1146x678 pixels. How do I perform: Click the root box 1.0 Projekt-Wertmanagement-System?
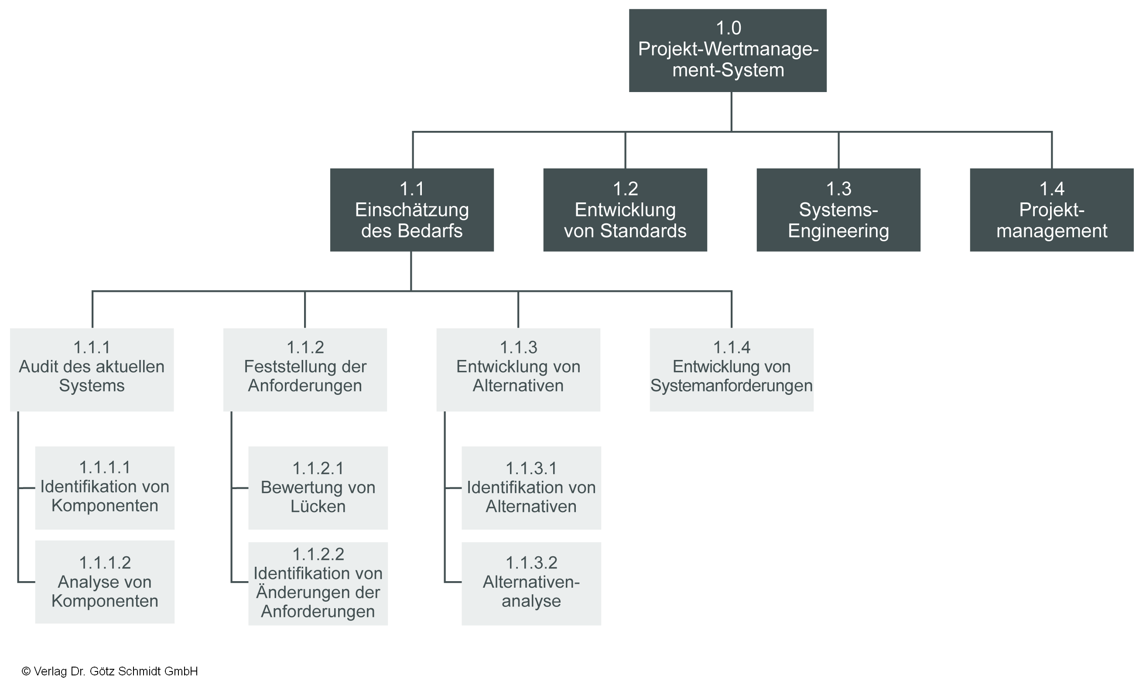click(728, 50)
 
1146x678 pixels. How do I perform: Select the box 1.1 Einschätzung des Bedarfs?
click(411, 210)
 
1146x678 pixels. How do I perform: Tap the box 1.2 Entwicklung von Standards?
click(625, 210)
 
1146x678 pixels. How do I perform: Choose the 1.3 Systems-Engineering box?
click(838, 210)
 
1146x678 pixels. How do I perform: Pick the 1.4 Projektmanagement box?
click(1051, 210)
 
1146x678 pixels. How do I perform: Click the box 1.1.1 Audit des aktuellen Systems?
click(92, 369)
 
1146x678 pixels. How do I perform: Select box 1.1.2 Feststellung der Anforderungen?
click(304, 369)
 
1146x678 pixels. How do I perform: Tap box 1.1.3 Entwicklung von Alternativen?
click(518, 369)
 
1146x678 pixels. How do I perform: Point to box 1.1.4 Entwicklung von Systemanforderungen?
click(731, 369)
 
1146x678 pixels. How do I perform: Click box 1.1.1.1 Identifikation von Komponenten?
click(105, 487)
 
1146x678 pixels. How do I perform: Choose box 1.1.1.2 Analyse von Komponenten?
click(105, 582)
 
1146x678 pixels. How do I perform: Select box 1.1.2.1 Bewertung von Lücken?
click(318, 487)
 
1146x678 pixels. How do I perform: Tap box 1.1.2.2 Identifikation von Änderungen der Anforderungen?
click(318, 583)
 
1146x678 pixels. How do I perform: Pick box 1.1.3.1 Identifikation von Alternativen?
click(531, 487)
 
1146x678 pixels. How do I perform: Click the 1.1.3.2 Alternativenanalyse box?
click(531, 583)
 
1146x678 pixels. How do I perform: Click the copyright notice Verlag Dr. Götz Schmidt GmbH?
click(109, 671)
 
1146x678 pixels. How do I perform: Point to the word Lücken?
click(318, 506)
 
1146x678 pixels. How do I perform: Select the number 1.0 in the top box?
click(728, 28)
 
